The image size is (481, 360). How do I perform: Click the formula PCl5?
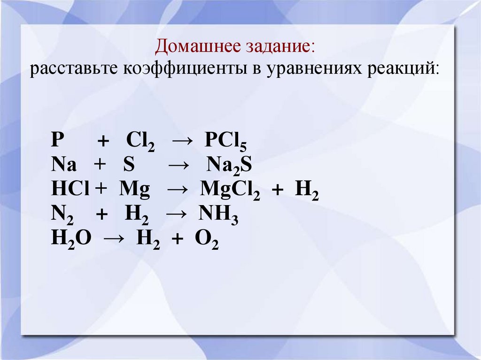tap(225, 141)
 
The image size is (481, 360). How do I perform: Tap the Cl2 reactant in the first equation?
tap(140, 141)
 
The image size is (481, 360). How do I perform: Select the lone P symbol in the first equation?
tap(58, 139)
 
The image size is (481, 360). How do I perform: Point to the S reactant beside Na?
tap(129, 164)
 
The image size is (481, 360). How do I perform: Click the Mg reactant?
tap(134, 190)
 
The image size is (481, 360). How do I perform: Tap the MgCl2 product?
tap(230, 190)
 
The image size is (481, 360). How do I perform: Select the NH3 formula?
tap(218, 214)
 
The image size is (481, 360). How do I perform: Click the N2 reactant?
tap(62, 214)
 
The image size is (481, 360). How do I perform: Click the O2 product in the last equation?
tap(207, 239)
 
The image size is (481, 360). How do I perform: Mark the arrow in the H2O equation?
tap(115, 238)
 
